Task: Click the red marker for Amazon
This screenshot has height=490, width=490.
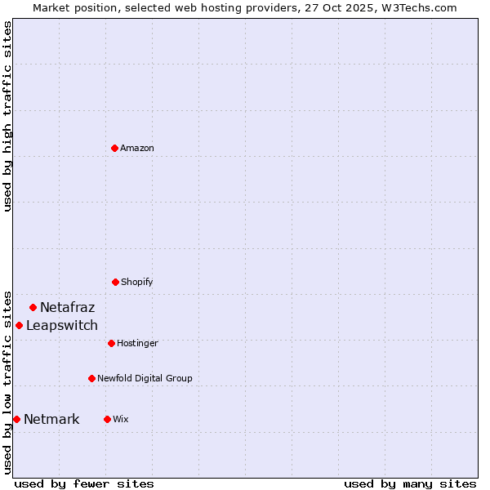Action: click(x=114, y=148)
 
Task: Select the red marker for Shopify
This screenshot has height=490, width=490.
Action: click(x=115, y=282)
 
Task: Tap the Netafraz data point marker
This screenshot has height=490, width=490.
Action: click(x=33, y=307)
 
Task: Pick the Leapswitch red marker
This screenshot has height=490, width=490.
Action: click(x=19, y=325)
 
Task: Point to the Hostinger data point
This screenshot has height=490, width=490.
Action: click(x=111, y=343)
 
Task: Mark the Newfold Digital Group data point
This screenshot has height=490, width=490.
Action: click(x=91, y=378)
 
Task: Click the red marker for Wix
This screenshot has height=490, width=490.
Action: click(x=107, y=419)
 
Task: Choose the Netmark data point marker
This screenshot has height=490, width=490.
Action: click(x=16, y=419)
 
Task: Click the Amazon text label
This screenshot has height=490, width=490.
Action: click(x=137, y=148)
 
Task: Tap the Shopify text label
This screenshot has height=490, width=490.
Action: click(x=137, y=282)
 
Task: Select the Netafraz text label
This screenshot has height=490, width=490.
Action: click(x=67, y=308)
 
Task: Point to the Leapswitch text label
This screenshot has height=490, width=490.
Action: click(x=62, y=326)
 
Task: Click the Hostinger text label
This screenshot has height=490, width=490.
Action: click(x=137, y=343)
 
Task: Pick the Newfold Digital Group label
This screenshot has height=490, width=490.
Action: click(x=145, y=378)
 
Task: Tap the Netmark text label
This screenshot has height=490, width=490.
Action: click(x=51, y=420)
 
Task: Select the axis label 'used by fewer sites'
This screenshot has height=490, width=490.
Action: click(x=84, y=483)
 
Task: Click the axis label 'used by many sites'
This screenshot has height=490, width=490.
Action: click(x=410, y=483)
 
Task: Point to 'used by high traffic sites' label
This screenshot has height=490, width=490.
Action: click(x=7, y=116)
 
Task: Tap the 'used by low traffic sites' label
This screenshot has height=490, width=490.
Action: click(x=7, y=382)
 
